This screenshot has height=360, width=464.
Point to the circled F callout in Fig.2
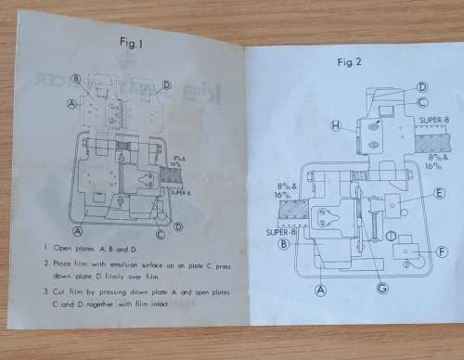(x=442, y=251)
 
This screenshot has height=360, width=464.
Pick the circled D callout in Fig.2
(x=421, y=87)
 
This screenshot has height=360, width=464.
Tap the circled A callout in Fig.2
(x=322, y=289)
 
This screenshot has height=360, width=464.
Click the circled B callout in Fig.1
(x=75, y=79)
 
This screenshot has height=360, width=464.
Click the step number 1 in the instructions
(x=45, y=249)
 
